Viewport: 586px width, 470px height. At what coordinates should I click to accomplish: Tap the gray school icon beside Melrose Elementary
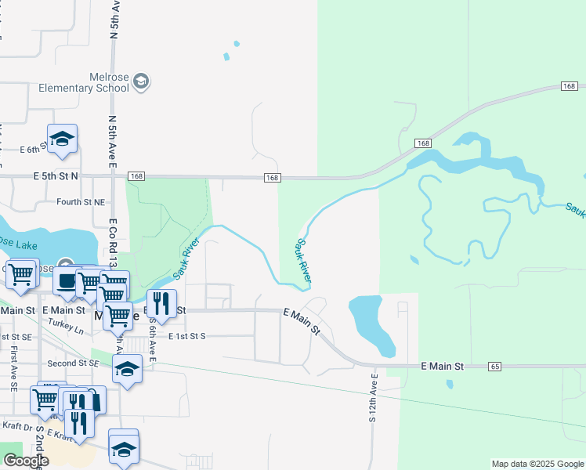pyautogui.click(x=141, y=81)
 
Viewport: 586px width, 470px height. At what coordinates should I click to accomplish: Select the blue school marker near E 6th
pyautogui.click(x=62, y=139)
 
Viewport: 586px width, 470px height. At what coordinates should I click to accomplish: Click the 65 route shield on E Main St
pyautogui.click(x=494, y=366)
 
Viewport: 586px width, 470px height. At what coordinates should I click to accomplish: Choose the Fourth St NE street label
pyautogui.click(x=81, y=201)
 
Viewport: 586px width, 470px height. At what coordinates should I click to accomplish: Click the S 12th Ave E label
pyautogui.click(x=374, y=397)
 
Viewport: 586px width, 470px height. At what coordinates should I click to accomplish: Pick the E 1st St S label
pyautogui.click(x=186, y=336)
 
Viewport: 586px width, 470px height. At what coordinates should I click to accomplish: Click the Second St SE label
pyautogui.click(x=73, y=363)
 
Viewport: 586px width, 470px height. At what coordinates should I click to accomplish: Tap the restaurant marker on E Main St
pyautogui.click(x=161, y=304)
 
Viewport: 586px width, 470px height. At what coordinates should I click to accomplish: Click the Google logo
pyautogui.click(x=26, y=461)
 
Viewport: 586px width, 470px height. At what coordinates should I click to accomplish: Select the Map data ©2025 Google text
pyautogui.click(x=537, y=464)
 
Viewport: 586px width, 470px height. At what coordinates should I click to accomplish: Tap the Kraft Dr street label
pyautogui.click(x=16, y=428)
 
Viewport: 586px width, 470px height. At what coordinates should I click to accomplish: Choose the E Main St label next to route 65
pyautogui.click(x=443, y=366)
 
